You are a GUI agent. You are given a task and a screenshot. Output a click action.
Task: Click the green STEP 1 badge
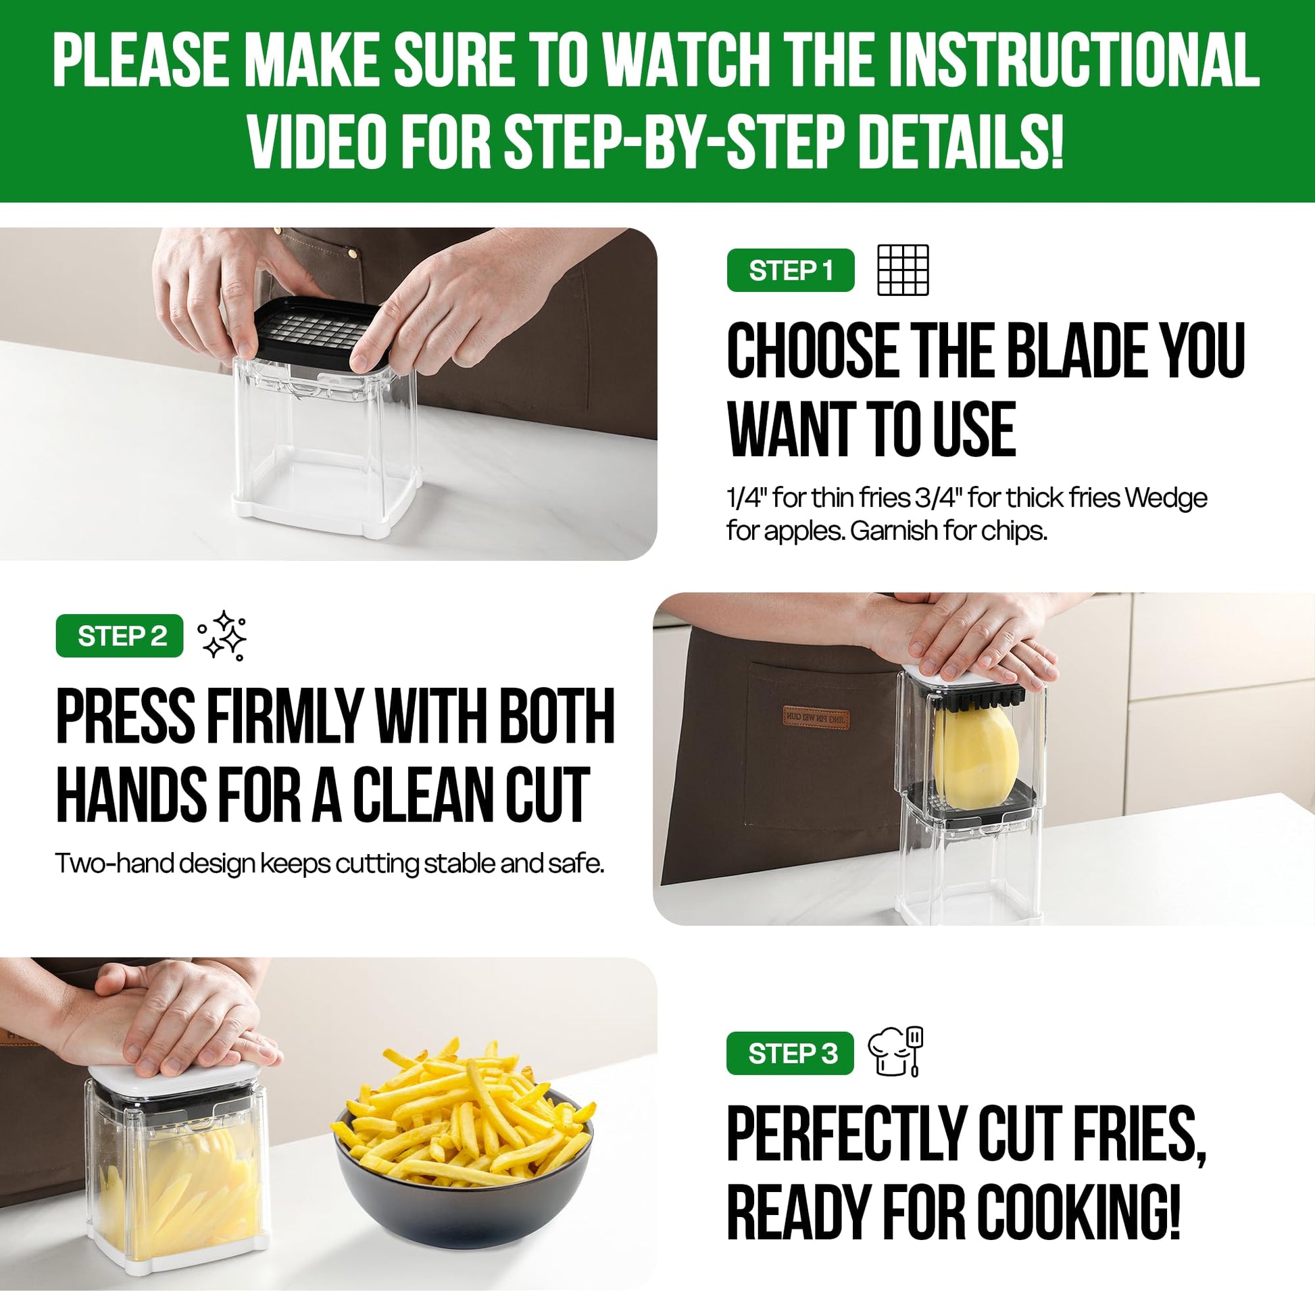pos(790,270)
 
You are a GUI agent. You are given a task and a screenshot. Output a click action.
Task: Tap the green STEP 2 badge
pos(119,636)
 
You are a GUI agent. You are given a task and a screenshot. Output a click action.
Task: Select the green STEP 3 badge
pos(789,1053)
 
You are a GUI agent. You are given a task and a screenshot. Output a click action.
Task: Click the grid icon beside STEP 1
pos(903,270)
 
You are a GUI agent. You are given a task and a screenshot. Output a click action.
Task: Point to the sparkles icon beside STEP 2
pos(222,636)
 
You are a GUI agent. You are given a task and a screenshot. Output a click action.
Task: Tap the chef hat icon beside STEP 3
pos(896,1051)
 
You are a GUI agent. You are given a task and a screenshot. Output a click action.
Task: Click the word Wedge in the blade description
pos(1165,498)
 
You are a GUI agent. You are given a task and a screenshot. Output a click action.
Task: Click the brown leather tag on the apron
pos(816,717)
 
